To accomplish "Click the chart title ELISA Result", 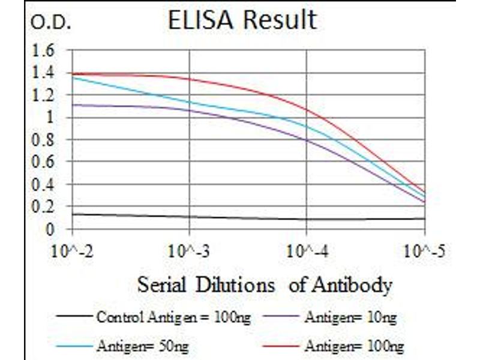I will pyautogui.click(x=242, y=20).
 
